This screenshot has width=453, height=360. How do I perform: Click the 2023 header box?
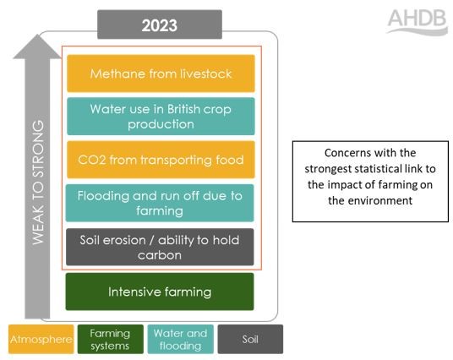pos(160,25)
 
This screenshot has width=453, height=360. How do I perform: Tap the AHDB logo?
pos(418,22)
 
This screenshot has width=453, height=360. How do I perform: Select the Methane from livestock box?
pos(161,74)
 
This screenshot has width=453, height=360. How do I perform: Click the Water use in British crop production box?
pos(161,117)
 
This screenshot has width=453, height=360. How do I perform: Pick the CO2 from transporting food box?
pos(161,160)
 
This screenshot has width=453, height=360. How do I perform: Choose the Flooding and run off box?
pos(160,203)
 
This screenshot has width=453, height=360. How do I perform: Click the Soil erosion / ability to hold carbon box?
pos(160,247)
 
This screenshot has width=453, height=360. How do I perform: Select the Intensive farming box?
pos(160,292)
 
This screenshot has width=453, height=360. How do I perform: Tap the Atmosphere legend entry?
pos(41,339)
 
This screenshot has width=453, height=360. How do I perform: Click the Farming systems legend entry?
pos(111,339)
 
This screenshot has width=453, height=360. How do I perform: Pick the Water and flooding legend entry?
pos(181,339)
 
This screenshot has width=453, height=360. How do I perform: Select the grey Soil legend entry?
pos(250,339)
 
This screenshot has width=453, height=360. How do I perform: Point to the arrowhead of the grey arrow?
pos(37,35)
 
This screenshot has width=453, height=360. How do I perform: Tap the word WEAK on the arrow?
pos(38,225)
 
